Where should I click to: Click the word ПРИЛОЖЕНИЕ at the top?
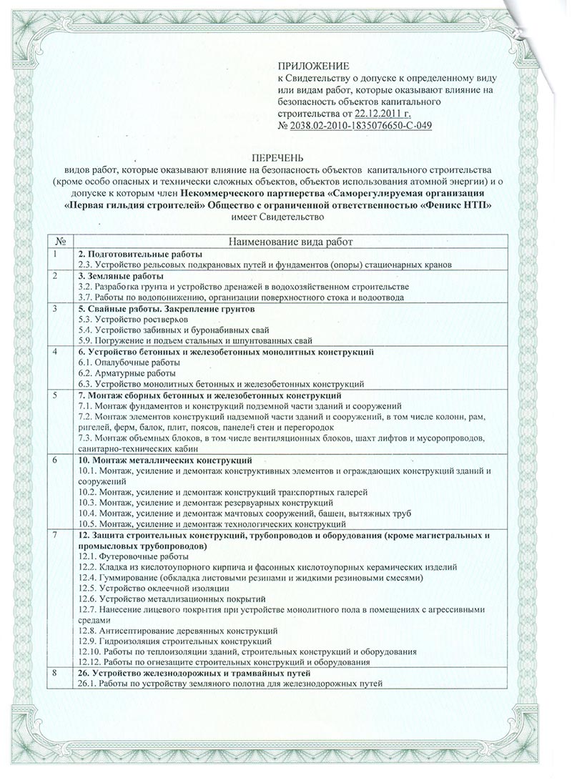point(307,66)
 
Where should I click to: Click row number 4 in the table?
point(56,353)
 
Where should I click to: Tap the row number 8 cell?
point(56,674)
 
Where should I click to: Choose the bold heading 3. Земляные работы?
point(120,275)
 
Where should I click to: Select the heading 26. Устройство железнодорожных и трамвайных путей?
point(194,674)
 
